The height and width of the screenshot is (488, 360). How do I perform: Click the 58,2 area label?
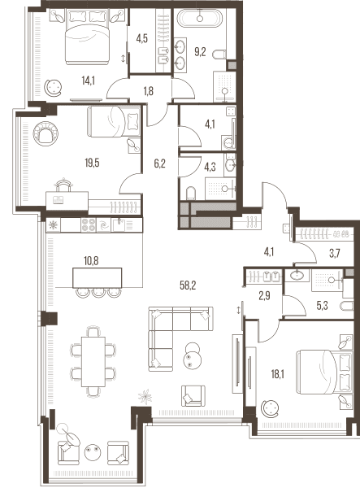click(x=188, y=285)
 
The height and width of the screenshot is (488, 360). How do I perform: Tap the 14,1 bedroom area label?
click(x=88, y=81)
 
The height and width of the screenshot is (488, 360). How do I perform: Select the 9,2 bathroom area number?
click(x=200, y=52)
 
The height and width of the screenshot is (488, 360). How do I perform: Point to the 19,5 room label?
click(x=92, y=163)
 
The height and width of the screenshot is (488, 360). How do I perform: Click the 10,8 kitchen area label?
click(x=91, y=261)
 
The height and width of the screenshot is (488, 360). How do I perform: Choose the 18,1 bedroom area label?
click(x=278, y=374)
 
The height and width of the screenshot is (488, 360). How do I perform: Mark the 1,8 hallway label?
click(x=149, y=91)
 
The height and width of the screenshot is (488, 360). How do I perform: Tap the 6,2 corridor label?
click(x=159, y=163)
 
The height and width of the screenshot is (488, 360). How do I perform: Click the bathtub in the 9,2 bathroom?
click(x=200, y=18)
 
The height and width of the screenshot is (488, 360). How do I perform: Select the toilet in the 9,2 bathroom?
click(x=219, y=54)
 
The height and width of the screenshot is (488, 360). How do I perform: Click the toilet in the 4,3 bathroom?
click(x=191, y=193)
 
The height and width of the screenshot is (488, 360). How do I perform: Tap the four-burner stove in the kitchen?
click(x=88, y=224)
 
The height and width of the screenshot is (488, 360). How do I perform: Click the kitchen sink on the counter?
click(x=119, y=224)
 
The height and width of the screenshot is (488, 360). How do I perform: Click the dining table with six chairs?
click(x=93, y=362)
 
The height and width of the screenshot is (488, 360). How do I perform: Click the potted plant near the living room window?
click(x=145, y=397)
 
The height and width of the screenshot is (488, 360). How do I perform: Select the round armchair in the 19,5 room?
click(x=46, y=133)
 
